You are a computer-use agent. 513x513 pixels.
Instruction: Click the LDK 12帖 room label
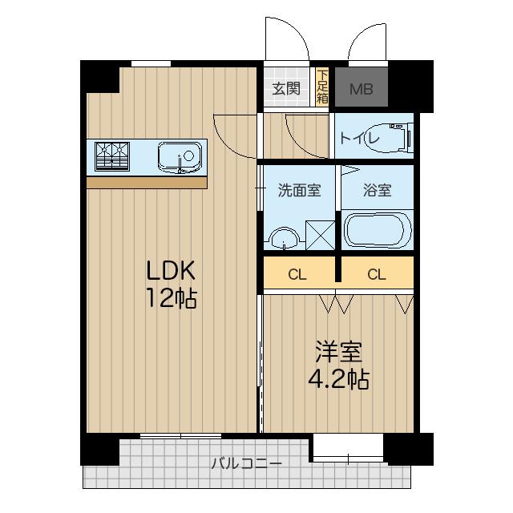click(170, 284)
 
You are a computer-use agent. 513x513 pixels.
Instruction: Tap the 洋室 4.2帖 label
click(338, 365)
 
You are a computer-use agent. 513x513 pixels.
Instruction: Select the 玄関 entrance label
click(286, 88)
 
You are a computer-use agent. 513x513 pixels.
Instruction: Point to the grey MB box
click(359, 88)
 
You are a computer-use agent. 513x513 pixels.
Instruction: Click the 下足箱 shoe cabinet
click(321, 88)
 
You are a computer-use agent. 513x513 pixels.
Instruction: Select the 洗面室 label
click(298, 191)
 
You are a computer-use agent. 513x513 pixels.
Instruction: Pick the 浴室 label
click(377, 191)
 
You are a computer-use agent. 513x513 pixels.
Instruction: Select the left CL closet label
click(297, 274)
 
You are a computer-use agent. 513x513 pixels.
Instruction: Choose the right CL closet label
click(376, 274)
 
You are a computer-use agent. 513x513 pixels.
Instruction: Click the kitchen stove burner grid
click(112, 156)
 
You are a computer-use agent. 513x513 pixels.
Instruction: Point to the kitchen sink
click(180, 156)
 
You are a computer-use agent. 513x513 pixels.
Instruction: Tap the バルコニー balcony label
click(246, 463)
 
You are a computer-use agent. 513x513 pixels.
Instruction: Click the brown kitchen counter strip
click(147, 183)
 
